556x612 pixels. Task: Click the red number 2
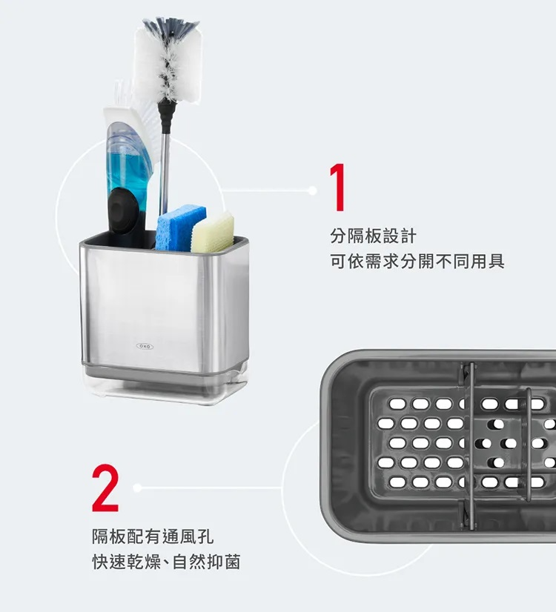coord(105,488)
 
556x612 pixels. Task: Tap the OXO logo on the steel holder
coord(145,346)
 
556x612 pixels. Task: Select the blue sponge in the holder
coord(179,228)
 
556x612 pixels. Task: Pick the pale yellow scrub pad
coord(214,232)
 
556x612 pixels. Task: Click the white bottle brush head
coord(169,60)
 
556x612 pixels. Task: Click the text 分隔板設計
coord(374,236)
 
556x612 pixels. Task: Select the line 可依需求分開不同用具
coord(417,261)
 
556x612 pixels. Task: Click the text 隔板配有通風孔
coord(153,536)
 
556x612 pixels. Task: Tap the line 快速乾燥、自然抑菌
coord(166,562)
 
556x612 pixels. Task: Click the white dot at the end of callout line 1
coord(312,190)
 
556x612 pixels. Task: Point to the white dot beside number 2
coord(137,488)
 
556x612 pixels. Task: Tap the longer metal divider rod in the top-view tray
coord(471,446)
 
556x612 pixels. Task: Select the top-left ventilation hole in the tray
coord(397,404)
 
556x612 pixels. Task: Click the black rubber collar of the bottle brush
coord(165,116)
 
